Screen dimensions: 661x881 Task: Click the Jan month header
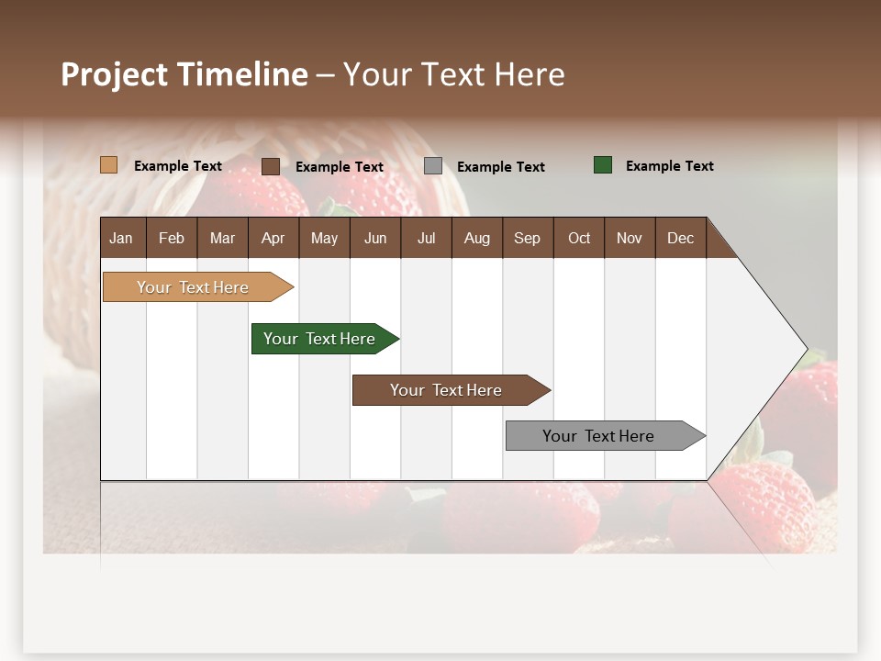click(122, 238)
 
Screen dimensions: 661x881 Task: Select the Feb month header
click(172, 238)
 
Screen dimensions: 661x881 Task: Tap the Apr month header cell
click(273, 238)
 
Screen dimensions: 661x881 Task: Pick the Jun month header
click(375, 238)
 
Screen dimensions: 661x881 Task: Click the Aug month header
click(476, 238)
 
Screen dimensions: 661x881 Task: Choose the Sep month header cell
click(527, 238)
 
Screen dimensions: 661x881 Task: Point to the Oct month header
click(579, 238)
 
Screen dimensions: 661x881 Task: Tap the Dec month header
click(680, 238)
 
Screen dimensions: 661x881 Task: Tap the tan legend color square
click(108, 165)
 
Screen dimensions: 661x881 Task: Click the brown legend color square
click(270, 166)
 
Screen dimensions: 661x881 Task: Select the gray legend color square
click(433, 166)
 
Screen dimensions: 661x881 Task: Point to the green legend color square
click(603, 165)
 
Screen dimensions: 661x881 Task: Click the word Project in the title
click(115, 74)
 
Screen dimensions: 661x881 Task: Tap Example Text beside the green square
click(669, 166)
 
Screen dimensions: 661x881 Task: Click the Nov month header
click(630, 238)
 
